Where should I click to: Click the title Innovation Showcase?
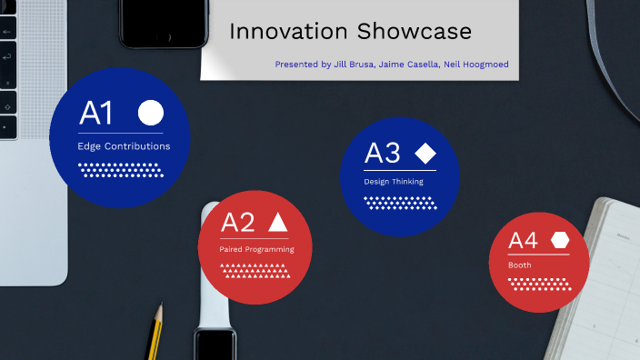click(x=350, y=32)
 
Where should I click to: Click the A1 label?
click(x=96, y=114)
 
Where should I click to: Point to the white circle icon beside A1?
click(x=151, y=113)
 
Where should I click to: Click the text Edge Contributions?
click(x=124, y=145)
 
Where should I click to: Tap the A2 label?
click(x=238, y=223)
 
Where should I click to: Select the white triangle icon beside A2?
click(x=278, y=222)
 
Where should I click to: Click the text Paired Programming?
click(x=256, y=249)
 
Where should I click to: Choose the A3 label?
click(x=382, y=153)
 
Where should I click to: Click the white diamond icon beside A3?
click(x=425, y=153)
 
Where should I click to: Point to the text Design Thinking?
click(x=394, y=182)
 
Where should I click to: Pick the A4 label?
click(x=523, y=241)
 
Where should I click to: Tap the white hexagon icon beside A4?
click(x=560, y=240)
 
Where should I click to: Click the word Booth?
click(x=520, y=265)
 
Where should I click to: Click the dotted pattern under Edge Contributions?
click(x=121, y=169)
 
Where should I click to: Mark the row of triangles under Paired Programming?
click(x=256, y=269)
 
